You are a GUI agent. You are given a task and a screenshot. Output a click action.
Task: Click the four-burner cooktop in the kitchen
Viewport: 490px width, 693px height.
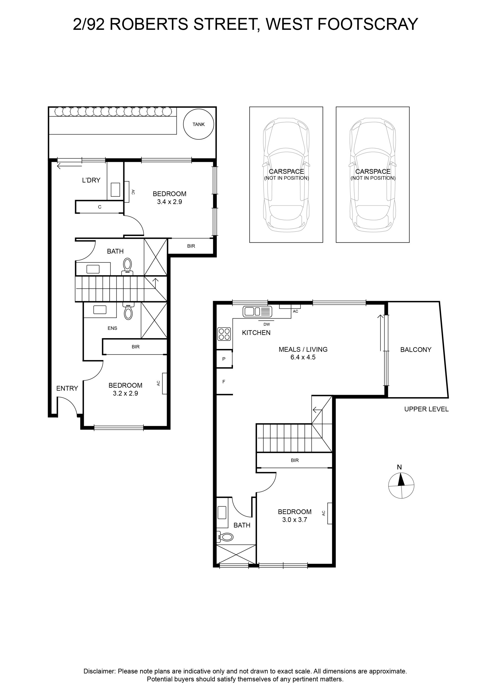[x=224, y=334]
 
